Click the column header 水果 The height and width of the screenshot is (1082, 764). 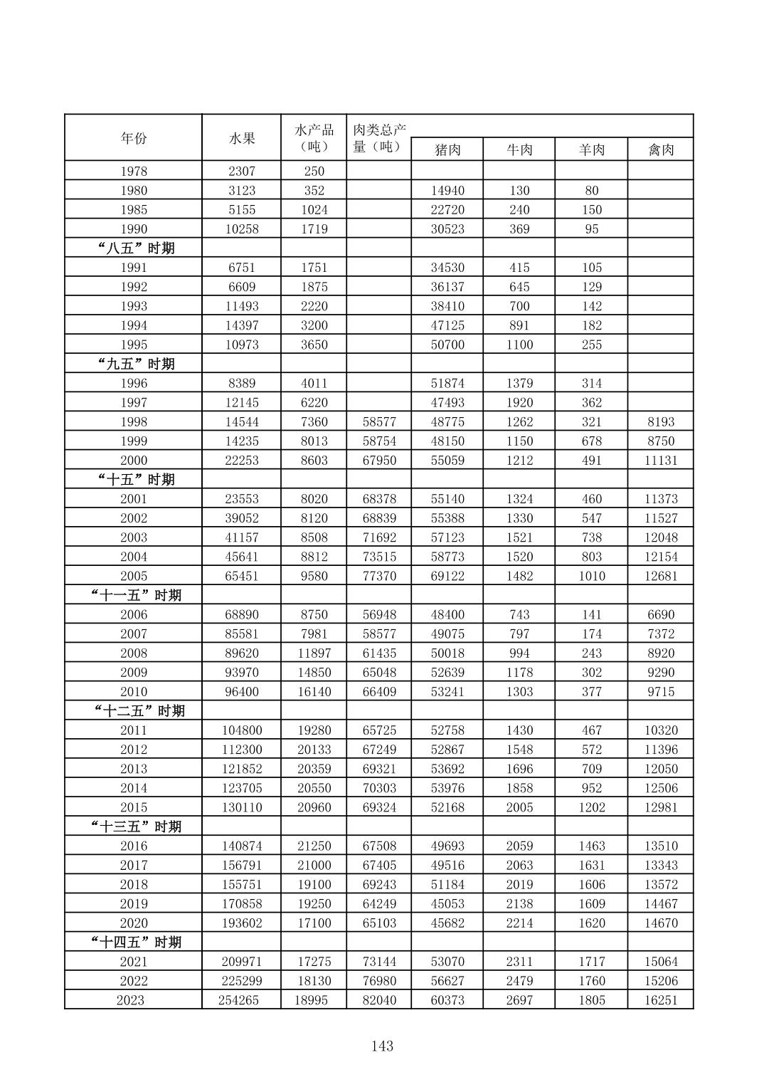tap(242, 138)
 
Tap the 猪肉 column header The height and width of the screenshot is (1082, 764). tap(447, 149)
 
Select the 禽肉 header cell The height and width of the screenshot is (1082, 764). tap(661, 149)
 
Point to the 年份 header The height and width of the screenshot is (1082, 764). tap(134, 138)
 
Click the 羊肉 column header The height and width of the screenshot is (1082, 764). tap(591, 149)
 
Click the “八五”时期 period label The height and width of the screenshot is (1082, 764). tap(135, 248)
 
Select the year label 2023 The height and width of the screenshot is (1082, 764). tap(130, 1000)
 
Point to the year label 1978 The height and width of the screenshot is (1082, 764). tap(134, 171)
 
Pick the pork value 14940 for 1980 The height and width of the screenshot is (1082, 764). tap(447, 190)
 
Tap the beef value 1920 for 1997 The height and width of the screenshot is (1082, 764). tap(519, 402)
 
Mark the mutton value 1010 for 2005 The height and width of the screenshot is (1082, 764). tap(591, 576)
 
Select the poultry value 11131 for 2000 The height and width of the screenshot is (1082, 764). tap(661, 460)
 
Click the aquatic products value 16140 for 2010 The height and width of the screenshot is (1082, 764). tap(314, 691)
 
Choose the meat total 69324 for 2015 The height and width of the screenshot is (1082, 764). tap(379, 807)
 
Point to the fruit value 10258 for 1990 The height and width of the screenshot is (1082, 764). tap(242, 229)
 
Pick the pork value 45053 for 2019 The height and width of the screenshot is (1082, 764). tap(447, 903)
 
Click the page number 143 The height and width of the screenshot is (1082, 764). tap(382, 1046)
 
